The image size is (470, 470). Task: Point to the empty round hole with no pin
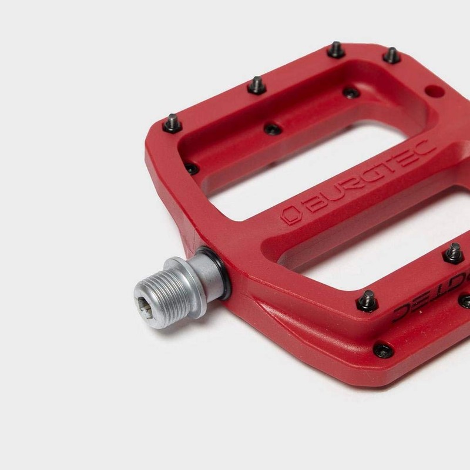coord(434,92)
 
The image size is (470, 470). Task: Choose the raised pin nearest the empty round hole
coord(392,55)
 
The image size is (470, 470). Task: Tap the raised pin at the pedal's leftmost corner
coord(172,123)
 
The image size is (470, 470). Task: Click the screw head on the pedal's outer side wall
coord(383,350)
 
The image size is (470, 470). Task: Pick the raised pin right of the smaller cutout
coord(453,253)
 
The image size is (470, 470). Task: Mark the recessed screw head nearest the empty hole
coord(351,92)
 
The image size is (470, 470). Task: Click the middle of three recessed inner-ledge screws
coord(272,129)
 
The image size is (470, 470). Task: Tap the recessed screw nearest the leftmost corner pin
coord(192,169)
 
